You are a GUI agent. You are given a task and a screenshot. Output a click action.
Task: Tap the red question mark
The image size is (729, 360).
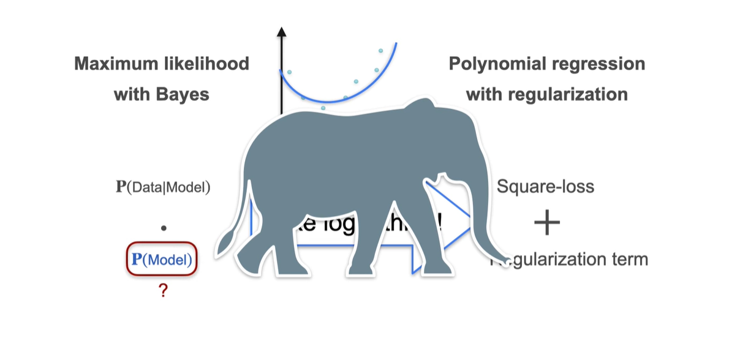[x=163, y=291]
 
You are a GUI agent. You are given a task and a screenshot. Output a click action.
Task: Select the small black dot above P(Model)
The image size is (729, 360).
[x=164, y=228]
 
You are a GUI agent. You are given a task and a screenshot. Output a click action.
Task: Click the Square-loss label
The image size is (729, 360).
[x=545, y=186]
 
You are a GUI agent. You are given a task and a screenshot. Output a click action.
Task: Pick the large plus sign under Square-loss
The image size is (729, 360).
[x=546, y=224]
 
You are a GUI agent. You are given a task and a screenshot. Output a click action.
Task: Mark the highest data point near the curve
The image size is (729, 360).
[x=381, y=51]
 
